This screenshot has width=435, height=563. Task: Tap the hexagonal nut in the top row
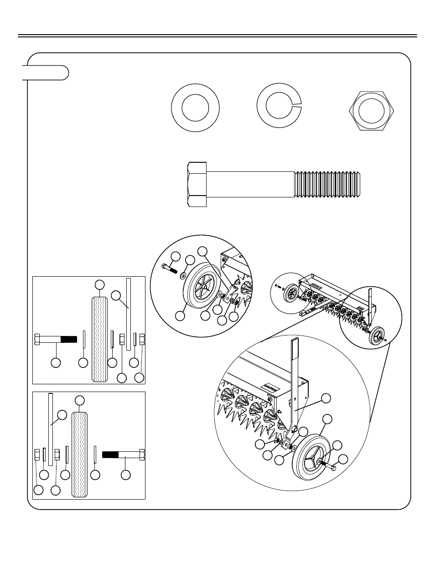pyautogui.click(x=371, y=112)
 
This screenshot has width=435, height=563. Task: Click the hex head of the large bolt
pyautogui.click(x=197, y=184)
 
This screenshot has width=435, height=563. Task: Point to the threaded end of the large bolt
pyautogui.click(x=328, y=184)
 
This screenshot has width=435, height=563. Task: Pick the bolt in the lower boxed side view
pyautogui.click(x=123, y=455)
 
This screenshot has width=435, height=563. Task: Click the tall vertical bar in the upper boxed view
pyautogui.click(x=128, y=315)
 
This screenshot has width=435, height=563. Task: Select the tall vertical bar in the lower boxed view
pyautogui.click(x=50, y=429)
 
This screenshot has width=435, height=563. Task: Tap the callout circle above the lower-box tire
pyautogui.click(x=80, y=401)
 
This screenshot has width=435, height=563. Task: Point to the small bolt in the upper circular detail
pyautogui.click(x=169, y=269)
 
